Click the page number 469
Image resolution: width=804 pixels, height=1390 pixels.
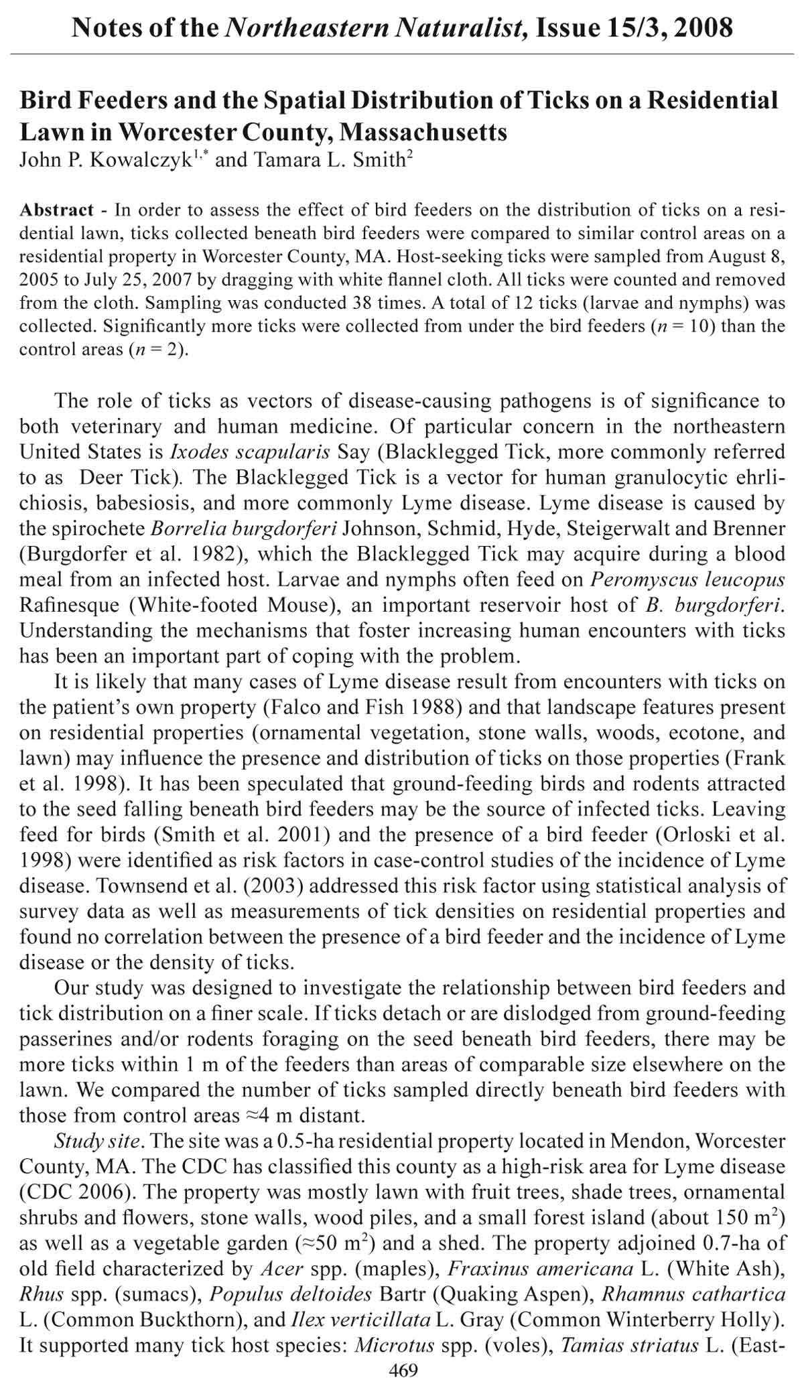click(x=403, y=1371)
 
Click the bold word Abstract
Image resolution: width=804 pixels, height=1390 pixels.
click(x=57, y=210)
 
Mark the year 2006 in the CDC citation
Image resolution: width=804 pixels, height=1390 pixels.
click(x=98, y=1192)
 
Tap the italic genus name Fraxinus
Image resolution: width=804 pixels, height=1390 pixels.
click(x=488, y=1268)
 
